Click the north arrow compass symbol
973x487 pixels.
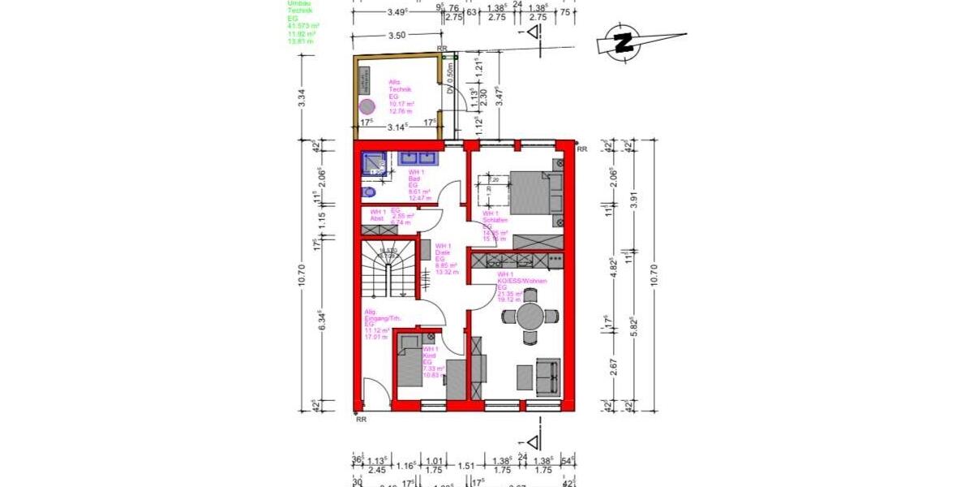point(624,41)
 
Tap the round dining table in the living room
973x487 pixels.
point(530,316)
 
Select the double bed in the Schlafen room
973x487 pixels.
point(532,192)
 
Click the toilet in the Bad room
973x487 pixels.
point(369,192)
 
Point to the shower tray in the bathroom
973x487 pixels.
point(375,165)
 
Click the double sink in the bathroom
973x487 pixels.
point(414,158)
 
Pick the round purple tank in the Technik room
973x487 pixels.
point(368,106)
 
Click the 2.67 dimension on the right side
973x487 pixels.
point(615,366)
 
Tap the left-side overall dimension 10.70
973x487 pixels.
point(302,275)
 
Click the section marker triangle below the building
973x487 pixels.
point(533,442)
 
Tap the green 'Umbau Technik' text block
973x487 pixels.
point(303,22)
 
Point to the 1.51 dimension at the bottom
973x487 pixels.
point(465,466)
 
